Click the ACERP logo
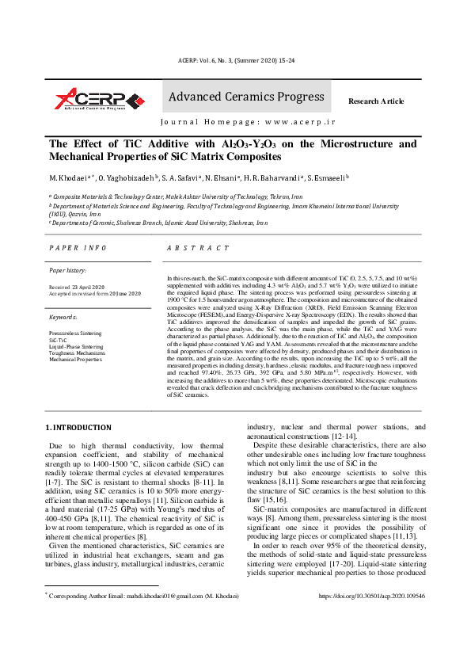tap(99, 99)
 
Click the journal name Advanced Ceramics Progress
tap(245, 97)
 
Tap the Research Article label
tap(376, 101)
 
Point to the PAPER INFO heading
tap(78, 248)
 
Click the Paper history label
tap(68, 271)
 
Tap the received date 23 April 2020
tap(87, 287)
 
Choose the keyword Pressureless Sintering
tap(75, 334)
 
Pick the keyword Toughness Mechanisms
tap(76, 353)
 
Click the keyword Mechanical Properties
tap(75, 360)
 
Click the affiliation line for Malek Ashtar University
tap(177, 196)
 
